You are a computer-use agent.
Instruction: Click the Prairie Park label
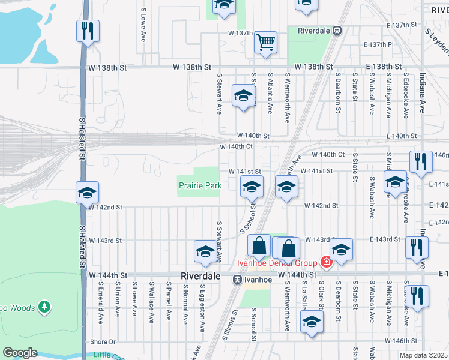click(200, 186)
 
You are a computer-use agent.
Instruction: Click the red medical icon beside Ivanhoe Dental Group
click(326, 262)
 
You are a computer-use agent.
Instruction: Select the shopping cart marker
click(265, 43)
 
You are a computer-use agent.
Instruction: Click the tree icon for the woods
click(44, 307)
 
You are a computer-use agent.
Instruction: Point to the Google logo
click(20, 353)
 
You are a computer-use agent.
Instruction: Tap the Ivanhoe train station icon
click(238, 279)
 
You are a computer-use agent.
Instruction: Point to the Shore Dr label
click(103, 342)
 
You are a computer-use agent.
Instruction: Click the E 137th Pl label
click(379, 45)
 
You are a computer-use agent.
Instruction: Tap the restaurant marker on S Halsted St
click(88, 31)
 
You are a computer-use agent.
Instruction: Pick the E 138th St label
click(382, 67)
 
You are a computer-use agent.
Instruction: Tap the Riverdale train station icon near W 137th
click(337, 29)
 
